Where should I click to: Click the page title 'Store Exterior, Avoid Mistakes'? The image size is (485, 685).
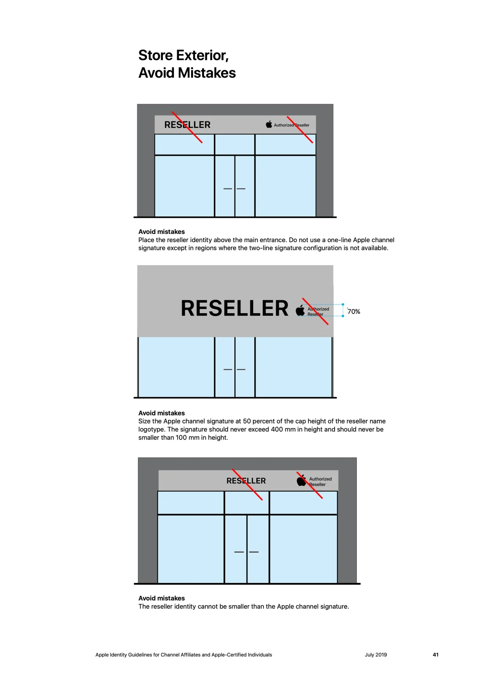(187, 64)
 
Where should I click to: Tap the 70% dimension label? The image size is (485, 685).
(354, 312)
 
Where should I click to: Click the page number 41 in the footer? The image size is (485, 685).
(435, 655)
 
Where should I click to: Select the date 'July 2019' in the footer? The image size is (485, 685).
(376, 655)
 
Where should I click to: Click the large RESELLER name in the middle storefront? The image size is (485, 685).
(234, 308)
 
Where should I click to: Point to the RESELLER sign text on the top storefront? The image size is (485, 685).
(188, 125)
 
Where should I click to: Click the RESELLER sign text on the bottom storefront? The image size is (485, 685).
(246, 481)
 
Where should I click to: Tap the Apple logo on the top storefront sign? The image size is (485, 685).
(269, 124)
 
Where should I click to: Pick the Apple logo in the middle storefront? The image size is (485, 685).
(300, 310)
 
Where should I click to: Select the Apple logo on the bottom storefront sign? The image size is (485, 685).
(301, 480)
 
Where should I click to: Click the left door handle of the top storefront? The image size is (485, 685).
(228, 189)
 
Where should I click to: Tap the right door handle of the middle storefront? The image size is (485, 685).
(241, 369)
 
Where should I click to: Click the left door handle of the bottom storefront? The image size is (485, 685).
(239, 552)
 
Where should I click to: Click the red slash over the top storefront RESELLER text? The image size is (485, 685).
(187, 127)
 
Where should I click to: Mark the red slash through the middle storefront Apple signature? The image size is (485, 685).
(315, 311)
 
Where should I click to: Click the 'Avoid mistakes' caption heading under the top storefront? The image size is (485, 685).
(161, 232)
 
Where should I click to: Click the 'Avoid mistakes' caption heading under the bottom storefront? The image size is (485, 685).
(161, 598)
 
